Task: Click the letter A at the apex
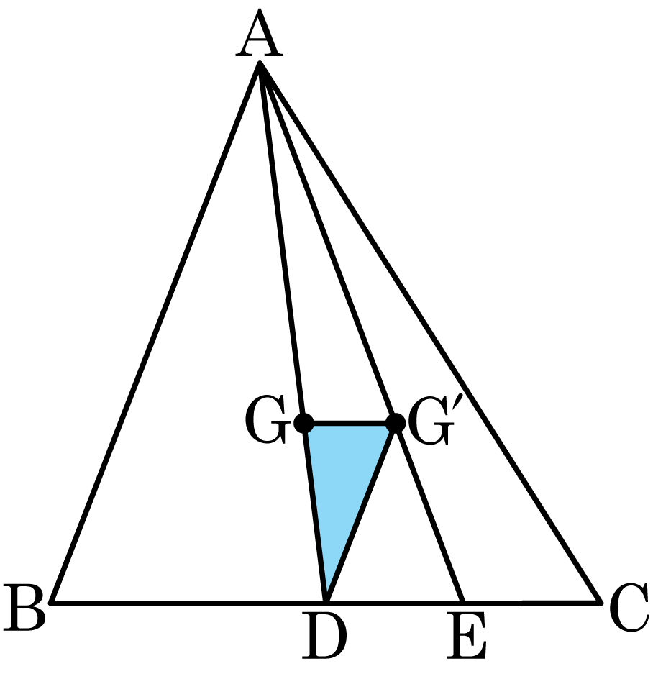coord(260,33)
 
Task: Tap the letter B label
coord(24,606)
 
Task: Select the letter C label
coord(629,606)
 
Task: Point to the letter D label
coord(324,635)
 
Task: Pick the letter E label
coord(467,635)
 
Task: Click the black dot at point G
coord(303,423)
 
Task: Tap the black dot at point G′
coord(396,423)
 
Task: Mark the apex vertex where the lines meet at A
coord(260,63)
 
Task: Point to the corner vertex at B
coord(51,601)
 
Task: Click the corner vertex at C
coord(601,601)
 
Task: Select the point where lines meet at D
coord(326,601)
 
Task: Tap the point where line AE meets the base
coord(462,601)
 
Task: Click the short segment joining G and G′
coord(350,423)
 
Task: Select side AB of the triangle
coord(155,332)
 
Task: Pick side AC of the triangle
coord(430,332)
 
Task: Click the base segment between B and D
coord(188,601)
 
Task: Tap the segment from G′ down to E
coord(429,512)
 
